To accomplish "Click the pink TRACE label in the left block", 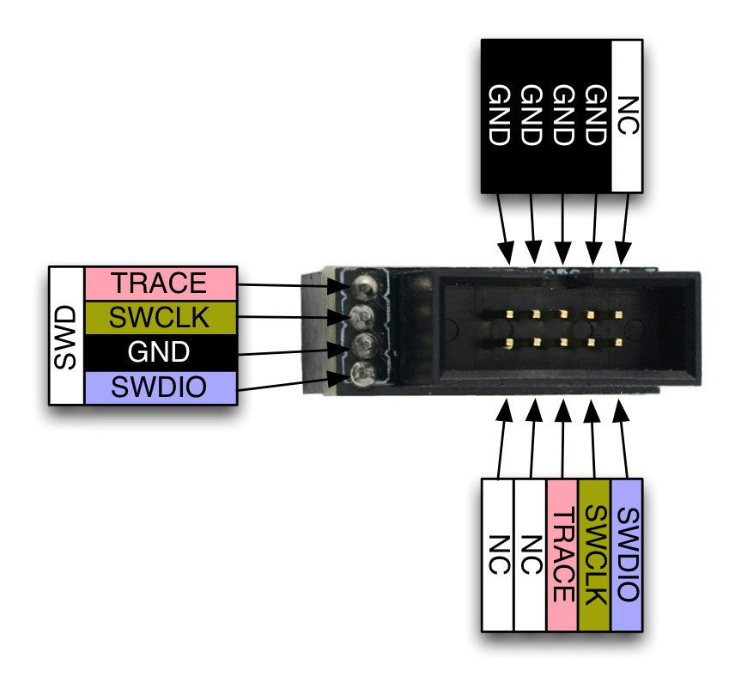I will (160, 283).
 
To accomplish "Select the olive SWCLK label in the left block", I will (160, 318).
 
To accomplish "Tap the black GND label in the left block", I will (160, 352).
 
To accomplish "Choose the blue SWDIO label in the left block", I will (160, 387).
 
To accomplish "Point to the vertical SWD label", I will (67, 335).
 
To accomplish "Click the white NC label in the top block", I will (628, 115).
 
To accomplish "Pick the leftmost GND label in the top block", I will (498, 115).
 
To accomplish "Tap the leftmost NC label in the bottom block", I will (497, 555).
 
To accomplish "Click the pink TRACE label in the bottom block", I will (562, 555).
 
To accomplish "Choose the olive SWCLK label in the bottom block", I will (594, 555).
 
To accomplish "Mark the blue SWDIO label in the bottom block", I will (627, 555).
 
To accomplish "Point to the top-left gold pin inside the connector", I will (508, 314).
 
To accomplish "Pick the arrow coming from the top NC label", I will (625, 228).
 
